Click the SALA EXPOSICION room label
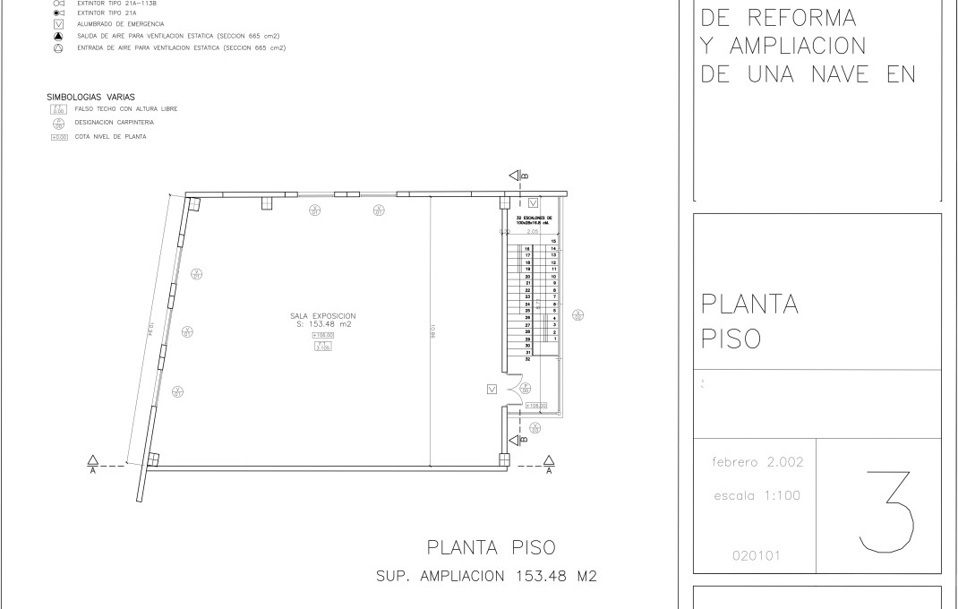[323, 315]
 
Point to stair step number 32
[528, 359]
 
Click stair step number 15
[554, 242]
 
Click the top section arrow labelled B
[517, 176]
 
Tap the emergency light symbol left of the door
[491, 389]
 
